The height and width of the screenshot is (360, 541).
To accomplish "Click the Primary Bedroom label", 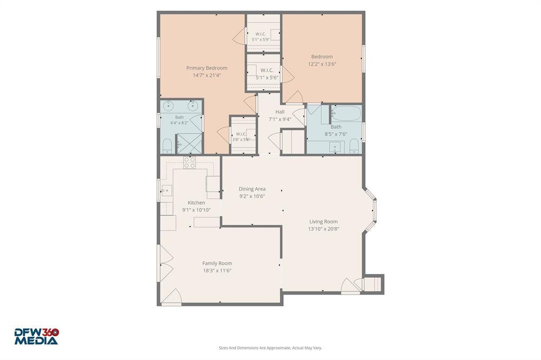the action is [207, 68].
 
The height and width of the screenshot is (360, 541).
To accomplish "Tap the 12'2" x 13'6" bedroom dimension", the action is [322, 64].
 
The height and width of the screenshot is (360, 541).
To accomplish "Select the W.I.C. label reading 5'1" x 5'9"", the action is [260, 40].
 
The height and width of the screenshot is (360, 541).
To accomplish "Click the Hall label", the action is [280, 112].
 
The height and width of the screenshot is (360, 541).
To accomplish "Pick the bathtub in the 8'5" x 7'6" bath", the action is [346, 113].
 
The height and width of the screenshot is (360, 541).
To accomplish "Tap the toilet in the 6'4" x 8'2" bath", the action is [167, 146].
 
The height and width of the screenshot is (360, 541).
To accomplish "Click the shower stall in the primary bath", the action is [189, 144].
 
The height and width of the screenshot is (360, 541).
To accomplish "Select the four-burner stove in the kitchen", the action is [190, 163].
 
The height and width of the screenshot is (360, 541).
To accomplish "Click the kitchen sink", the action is [166, 191].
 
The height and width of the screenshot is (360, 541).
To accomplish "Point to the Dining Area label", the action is [252, 189].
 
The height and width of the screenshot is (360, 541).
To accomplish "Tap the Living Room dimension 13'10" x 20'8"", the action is [324, 229].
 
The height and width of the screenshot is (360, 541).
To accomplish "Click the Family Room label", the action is [217, 263].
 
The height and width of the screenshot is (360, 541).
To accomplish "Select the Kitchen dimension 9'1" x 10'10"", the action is [197, 210].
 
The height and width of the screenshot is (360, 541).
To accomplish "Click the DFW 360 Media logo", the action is [36, 337].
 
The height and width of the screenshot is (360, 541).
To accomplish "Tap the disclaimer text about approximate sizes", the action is [270, 348].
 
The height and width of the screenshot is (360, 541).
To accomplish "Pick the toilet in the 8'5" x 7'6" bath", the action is [355, 146].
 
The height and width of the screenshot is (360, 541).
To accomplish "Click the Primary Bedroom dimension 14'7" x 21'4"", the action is [207, 75].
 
